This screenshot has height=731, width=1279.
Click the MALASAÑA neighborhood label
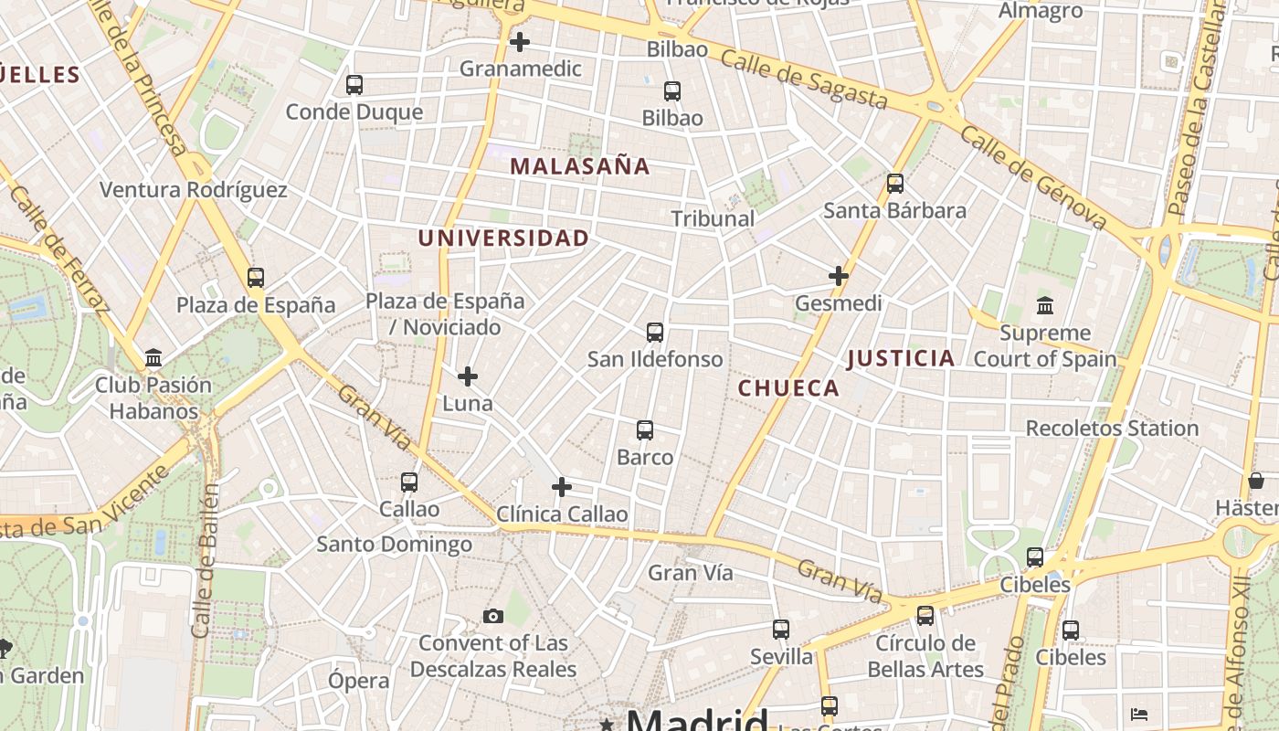point(580,166)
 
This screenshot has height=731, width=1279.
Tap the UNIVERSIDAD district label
point(503,238)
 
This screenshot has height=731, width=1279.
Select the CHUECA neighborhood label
point(788,388)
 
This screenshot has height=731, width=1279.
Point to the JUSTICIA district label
point(901,358)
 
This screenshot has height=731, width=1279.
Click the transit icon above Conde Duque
point(354,85)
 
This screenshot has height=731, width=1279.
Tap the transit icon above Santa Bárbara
point(895,184)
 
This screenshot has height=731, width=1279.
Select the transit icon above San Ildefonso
point(655,333)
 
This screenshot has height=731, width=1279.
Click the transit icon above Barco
point(645,430)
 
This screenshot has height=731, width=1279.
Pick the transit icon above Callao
point(409,482)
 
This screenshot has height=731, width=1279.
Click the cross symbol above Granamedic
point(520,42)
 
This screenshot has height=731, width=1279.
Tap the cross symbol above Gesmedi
point(839,276)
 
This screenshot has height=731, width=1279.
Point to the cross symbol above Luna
point(468,376)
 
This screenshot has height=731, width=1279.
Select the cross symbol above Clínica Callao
point(562,487)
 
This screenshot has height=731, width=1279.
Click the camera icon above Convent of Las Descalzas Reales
point(493,617)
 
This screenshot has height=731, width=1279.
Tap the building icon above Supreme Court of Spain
point(1045,306)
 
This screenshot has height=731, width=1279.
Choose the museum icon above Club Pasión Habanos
point(153,357)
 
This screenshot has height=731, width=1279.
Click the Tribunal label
point(713,218)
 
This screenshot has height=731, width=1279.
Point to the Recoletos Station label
point(1112,429)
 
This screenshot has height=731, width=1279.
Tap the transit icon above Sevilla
point(781,630)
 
